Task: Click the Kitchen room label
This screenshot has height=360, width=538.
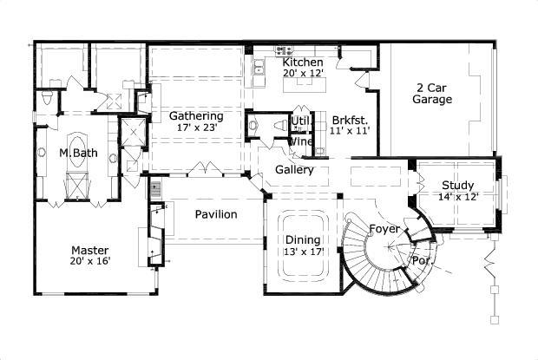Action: tap(303, 62)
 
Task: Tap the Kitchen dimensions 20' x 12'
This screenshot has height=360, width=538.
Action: tap(303, 74)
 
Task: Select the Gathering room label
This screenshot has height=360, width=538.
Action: tap(196, 115)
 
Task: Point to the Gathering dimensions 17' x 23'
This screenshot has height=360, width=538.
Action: tap(196, 128)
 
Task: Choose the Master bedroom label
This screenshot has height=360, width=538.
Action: tap(90, 247)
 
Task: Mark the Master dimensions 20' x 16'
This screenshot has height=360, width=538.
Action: tap(90, 259)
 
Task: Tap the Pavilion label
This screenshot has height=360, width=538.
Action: tap(216, 214)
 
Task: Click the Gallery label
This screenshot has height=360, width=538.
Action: tap(294, 170)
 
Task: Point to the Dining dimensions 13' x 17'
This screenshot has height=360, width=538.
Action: tap(304, 252)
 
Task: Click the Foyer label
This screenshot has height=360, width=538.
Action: tap(384, 229)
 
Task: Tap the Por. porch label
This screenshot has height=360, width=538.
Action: tap(422, 259)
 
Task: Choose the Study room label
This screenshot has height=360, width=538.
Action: tap(457, 185)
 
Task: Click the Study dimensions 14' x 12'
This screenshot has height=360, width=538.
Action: tap(457, 197)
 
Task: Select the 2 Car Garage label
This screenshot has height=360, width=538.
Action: tap(432, 94)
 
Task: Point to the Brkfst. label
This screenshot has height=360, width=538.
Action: tap(351, 120)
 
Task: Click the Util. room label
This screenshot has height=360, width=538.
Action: tap(301, 121)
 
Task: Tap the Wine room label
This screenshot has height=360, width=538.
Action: tap(300, 141)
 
